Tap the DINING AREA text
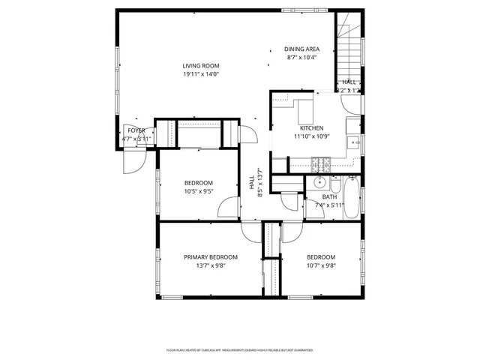coord(301,49)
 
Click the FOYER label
coord(136,130)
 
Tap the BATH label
coord(330,196)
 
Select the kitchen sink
coord(353,141)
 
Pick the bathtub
coord(351,196)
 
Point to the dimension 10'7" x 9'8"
coord(320,265)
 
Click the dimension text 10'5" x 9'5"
coord(199,191)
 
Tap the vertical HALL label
coord(251,182)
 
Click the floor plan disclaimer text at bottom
coord(239,349)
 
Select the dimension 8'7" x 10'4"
coord(301,58)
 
